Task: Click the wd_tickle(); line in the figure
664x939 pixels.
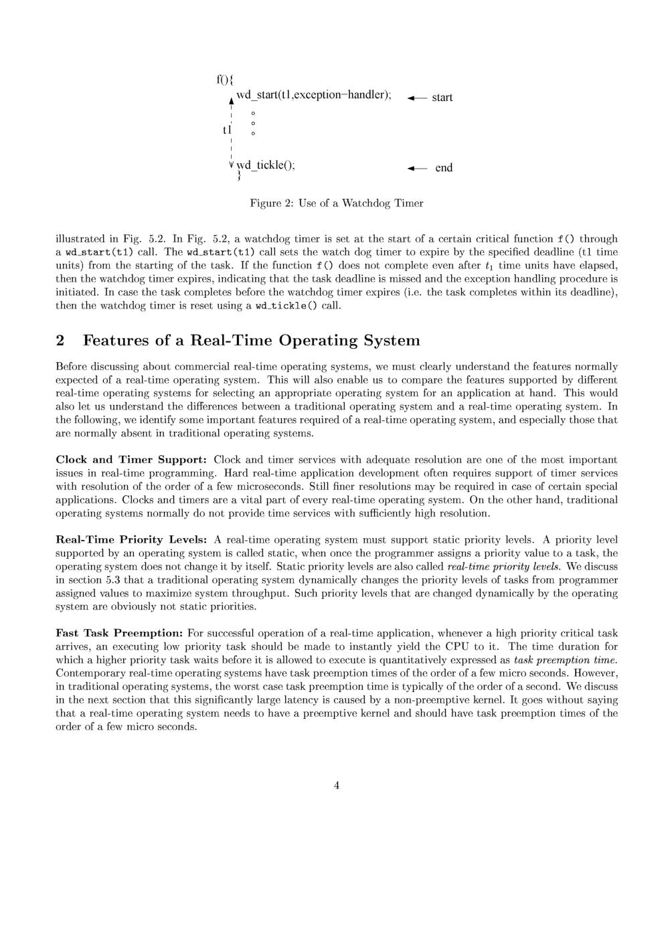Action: [266, 165]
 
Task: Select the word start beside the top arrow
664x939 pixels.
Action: [442, 98]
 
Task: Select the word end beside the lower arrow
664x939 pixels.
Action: [444, 168]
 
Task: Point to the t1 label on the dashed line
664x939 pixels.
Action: [227, 130]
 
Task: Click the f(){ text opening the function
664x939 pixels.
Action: [224, 80]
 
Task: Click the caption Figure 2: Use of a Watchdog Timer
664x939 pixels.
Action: [336, 203]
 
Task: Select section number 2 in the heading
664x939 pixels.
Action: [60, 341]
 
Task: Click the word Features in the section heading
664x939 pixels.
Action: [116, 341]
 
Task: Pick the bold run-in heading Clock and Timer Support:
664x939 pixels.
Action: [132, 460]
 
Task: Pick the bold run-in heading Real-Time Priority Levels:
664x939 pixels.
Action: [132, 539]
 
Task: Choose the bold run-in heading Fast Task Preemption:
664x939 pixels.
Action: [119, 633]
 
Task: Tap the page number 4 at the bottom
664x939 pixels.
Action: [336, 785]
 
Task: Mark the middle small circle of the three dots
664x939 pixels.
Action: [253, 123]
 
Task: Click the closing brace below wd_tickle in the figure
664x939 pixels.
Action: [238, 177]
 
